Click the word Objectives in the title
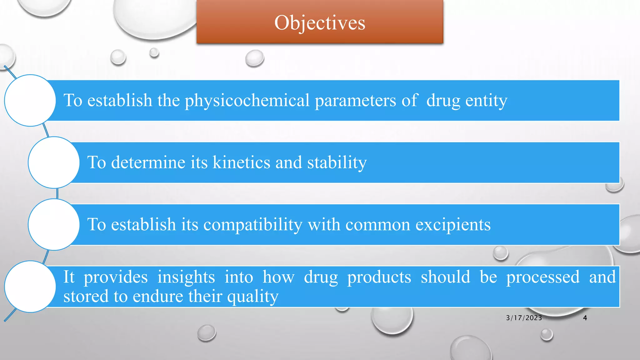[320, 23]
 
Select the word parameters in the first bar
[355, 101]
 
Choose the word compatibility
[252, 225]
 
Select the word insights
[186, 277]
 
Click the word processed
[543, 277]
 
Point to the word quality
[252, 296]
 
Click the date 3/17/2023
[524, 318]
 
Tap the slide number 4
[585, 318]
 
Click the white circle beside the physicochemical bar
[30, 100]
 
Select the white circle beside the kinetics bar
[54, 162]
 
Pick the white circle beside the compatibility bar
[54, 224]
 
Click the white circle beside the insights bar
[30, 286]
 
